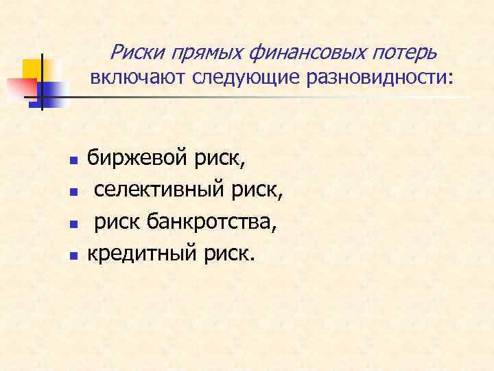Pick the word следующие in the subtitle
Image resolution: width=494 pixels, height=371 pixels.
(236, 78)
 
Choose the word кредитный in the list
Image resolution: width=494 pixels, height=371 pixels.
(142, 255)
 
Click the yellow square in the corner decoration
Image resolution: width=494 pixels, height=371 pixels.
(32, 68)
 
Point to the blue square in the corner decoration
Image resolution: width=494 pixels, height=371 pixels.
(52, 91)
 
